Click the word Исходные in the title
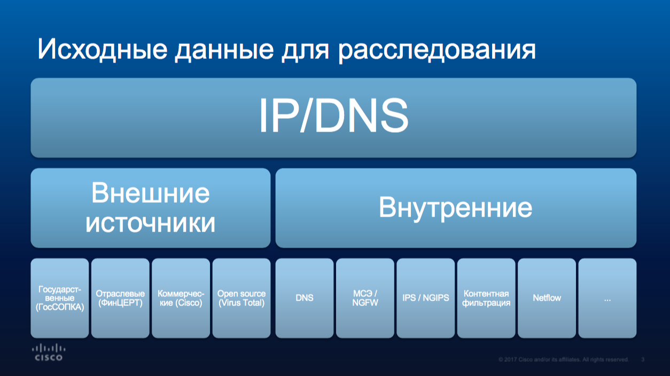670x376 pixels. coord(102,49)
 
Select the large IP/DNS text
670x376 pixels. coord(333,115)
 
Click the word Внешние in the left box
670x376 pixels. coord(151,193)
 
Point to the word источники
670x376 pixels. coord(151,223)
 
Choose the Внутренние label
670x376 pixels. coord(456,208)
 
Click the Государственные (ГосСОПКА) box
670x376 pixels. coord(60,298)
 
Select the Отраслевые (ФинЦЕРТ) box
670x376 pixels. coord(120,298)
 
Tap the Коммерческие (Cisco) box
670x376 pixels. coord(181,298)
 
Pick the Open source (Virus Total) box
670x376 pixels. coord(241,298)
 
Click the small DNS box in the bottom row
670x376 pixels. coord(305,298)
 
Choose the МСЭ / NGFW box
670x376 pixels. coord(365,298)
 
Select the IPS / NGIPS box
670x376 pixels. coord(426,298)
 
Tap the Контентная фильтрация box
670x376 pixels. coord(486,298)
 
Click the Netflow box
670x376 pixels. coord(547,298)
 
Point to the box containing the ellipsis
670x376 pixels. coord(607,298)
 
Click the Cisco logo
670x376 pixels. coord(49,352)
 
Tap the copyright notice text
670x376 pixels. coord(564,359)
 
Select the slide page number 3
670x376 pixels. coord(643,359)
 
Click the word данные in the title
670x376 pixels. coord(224,50)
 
